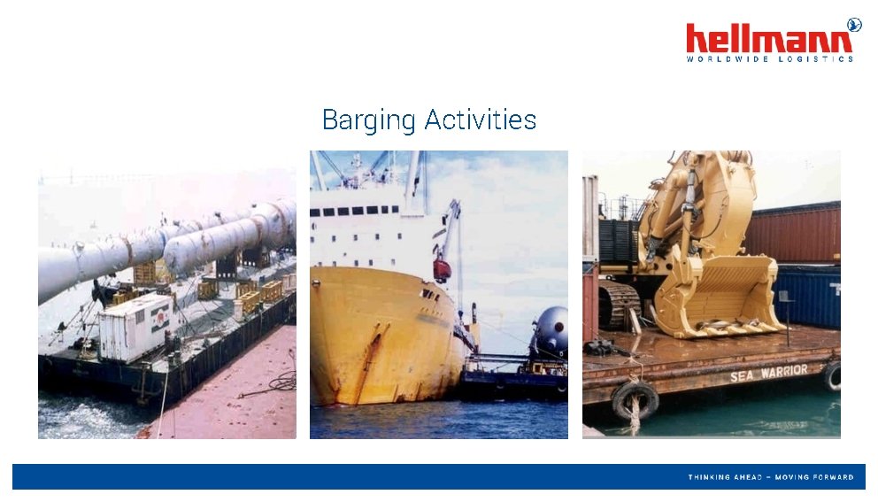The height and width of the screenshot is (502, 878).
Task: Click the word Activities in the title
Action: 480,120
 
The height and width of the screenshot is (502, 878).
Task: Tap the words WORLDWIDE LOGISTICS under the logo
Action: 770,59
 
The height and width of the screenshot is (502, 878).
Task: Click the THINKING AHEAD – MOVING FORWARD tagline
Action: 771,477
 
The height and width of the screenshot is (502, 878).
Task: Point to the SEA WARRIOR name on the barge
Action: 768,374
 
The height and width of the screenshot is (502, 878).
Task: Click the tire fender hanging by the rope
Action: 635,401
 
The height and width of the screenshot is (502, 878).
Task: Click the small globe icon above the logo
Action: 854,24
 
